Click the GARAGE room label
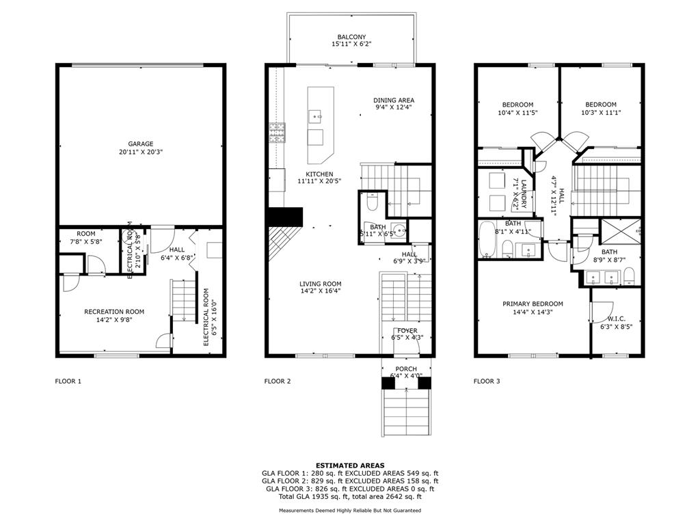(x=141, y=144)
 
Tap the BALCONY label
(x=351, y=37)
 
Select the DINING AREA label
(x=394, y=100)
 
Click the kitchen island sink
(x=317, y=116)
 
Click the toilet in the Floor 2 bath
(x=372, y=202)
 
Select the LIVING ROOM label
(x=320, y=284)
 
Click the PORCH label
(x=406, y=369)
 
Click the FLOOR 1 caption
(x=68, y=381)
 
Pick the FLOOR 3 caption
(x=487, y=381)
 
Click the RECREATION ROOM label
(x=114, y=312)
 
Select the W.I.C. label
(x=617, y=319)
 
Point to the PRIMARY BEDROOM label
(x=533, y=304)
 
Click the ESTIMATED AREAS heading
(x=350, y=466)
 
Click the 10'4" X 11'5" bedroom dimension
(x=518, y=113)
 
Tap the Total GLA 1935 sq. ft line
(x=350, y=496)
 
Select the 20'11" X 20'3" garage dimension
(x=141, y=152)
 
